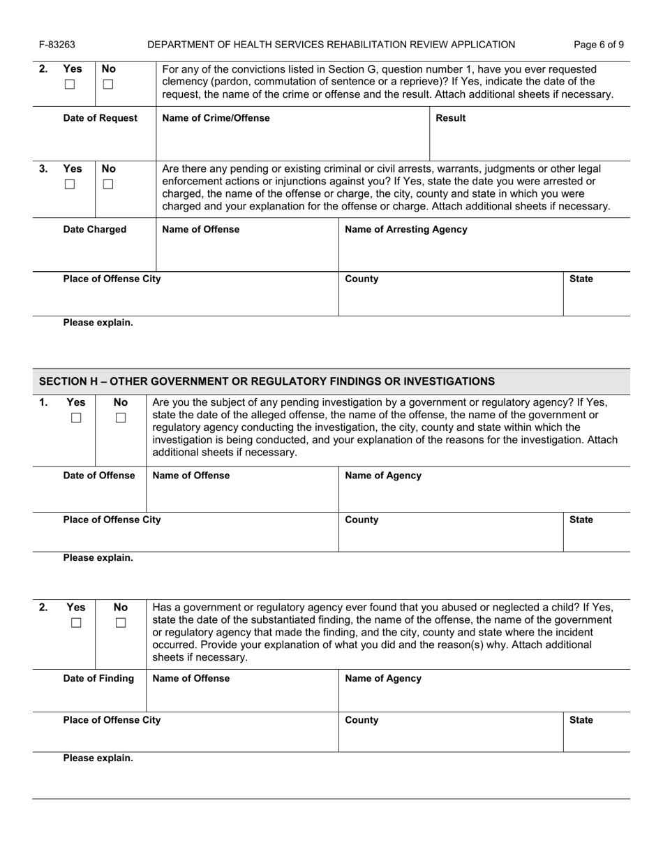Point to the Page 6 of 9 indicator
[x=599, y=45]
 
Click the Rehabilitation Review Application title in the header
[x=331, y=45]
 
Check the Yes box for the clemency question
[x=69, y=85]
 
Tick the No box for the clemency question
[x=107, y=85]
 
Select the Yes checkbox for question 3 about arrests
[x=69, y=184]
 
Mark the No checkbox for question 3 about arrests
[x=107, y=184]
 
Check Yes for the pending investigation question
[x=76, y=418]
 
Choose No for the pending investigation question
[x=121, y=418]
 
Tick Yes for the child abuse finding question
[x=76, y=622]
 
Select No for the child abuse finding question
[x=121, y=622]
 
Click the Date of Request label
[x=100, y=118]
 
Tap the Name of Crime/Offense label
[x=216, y=118]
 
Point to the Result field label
[x=450, y=118]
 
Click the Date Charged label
[x=95, y=229]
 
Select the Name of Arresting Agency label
[x=406, y=229]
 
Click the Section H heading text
[x=267, y=381]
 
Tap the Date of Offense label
[x=99, y=476]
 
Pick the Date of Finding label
[x=98, y=678]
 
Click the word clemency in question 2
[x=188, y=82]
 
